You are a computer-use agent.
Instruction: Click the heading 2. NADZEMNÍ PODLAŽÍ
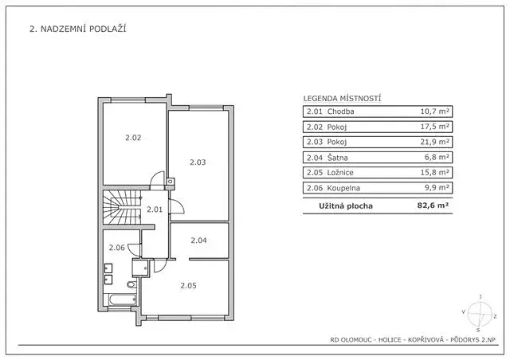click(78, 29)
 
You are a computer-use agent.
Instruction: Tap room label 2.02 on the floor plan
click(132, 138)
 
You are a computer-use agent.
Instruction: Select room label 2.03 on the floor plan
click(198, 162)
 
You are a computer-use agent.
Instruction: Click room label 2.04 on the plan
click(198, 240)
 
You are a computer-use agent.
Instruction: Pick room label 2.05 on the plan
click(188, 286)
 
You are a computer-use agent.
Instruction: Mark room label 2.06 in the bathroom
click(117, 248)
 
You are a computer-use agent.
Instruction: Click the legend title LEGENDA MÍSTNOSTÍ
click(342, 98)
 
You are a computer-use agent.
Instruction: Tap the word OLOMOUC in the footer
click(363, 340)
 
